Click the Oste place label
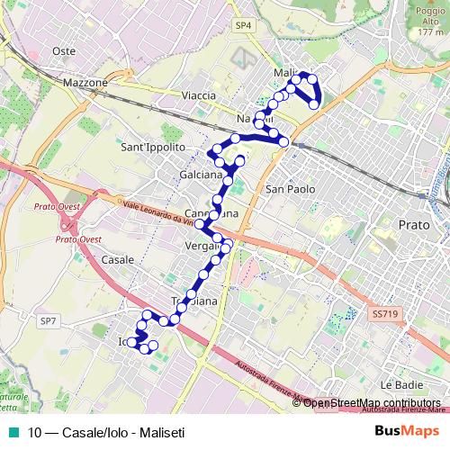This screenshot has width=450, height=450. (x=64, y=51)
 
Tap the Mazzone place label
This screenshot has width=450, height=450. (x=85, y=82)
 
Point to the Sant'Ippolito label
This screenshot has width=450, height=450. (x=152, y=146)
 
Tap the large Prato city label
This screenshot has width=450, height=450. (x=413, y=222)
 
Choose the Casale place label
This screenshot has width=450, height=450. (x=118, y=258)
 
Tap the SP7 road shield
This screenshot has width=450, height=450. (x=48, y=319)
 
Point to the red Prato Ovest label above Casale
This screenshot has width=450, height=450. (x=77, y=239)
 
